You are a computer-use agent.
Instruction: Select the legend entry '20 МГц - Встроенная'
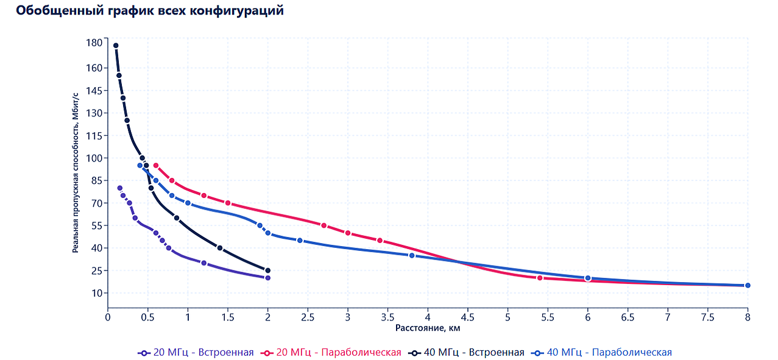tap(196, 352)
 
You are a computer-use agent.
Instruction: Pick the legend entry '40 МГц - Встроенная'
tap(467, 352)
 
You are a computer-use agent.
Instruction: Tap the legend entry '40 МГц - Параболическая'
tap(602, 352)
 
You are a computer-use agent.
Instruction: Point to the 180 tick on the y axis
tap(94, 43)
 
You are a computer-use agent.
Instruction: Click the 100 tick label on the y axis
tap(94, 158)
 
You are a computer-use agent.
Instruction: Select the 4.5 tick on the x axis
tap(468, 317)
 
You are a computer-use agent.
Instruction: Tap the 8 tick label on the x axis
tap(748, 317)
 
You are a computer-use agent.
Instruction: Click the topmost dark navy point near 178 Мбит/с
tap(116, 46)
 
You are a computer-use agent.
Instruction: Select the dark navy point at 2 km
tap(267, 270)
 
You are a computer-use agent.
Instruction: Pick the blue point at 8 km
tap(748, 285)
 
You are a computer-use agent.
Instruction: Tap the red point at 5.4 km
tap(540, 278)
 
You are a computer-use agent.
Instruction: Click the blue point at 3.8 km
tap(412, 255)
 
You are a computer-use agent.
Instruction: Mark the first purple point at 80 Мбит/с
tap(119, 188)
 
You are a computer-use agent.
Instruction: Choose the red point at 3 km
tap(348, 233)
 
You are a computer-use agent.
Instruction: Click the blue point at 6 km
tap(588, 278)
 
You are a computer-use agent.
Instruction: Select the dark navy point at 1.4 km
tap(220, 248)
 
